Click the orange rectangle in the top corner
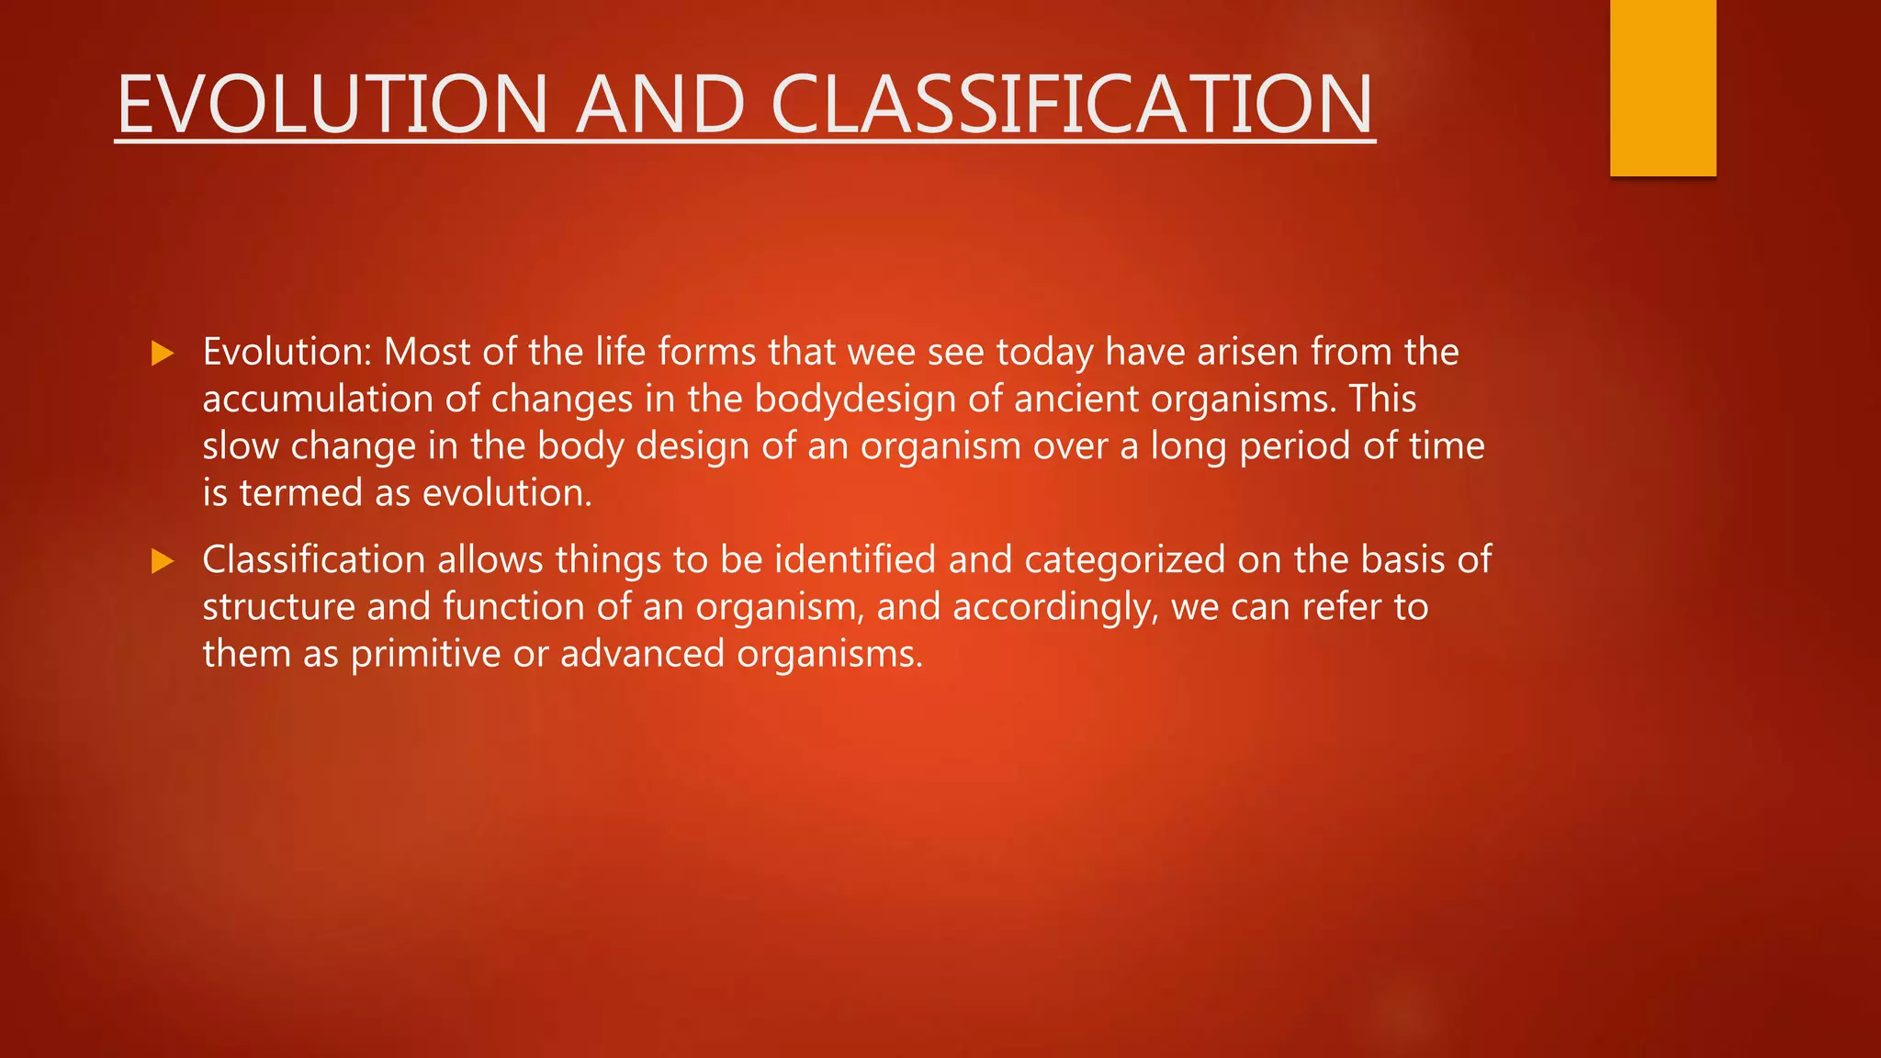tap(1662, 87)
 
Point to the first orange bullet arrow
tap(163, 353)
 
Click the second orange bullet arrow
tap(163, 560)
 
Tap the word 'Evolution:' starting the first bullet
tap(287, 352)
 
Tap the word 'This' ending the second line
tap(1382, 399)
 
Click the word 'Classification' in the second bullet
tap(313, 559)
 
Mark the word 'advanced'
tap(642, 654)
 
